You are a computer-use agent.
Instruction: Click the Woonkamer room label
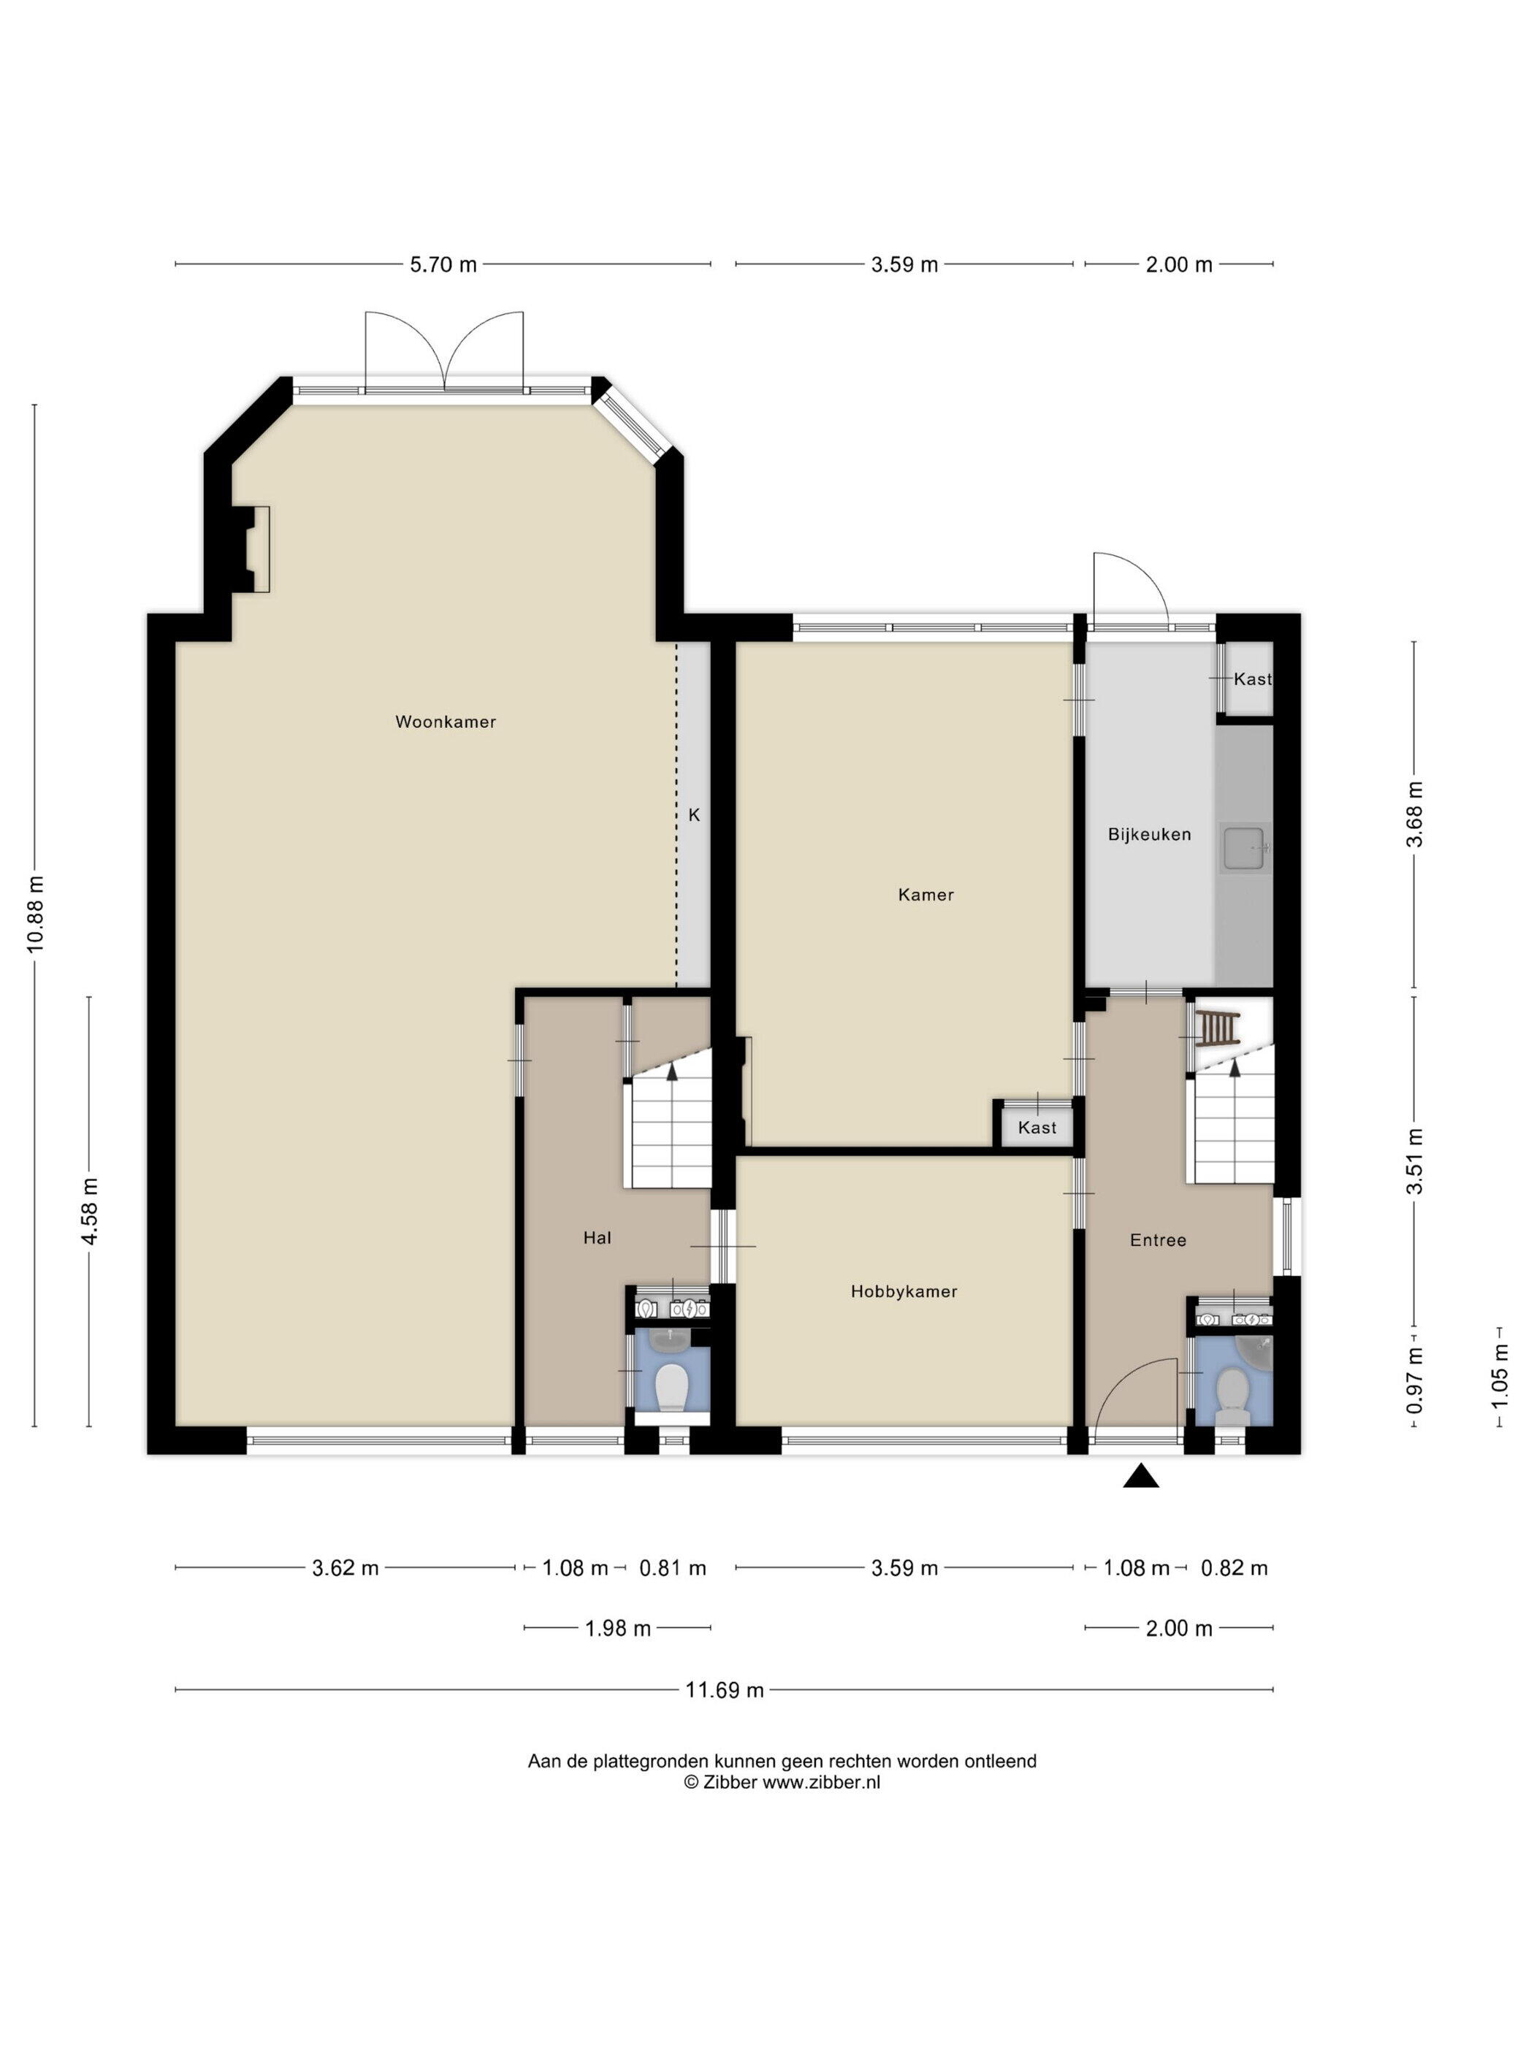point(445,722)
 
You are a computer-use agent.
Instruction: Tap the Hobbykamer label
point(904,1291)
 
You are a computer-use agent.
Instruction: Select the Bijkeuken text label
point(1149,834)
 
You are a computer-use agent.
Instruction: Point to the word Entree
point(1158,1239)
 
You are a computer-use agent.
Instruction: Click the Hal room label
point(598,1238)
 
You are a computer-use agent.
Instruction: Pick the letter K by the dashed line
point(693,814)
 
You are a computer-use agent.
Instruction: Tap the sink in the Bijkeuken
point(1245,849)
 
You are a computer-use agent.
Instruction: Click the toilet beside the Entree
point(1232,1395)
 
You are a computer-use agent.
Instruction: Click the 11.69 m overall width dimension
point(724,1690)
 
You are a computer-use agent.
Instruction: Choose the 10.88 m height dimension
point(35,914)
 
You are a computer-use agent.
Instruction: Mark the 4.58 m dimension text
point(90,1211)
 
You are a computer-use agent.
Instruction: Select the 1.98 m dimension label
point(618,1629)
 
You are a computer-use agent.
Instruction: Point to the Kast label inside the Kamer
point(1037,1127)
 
